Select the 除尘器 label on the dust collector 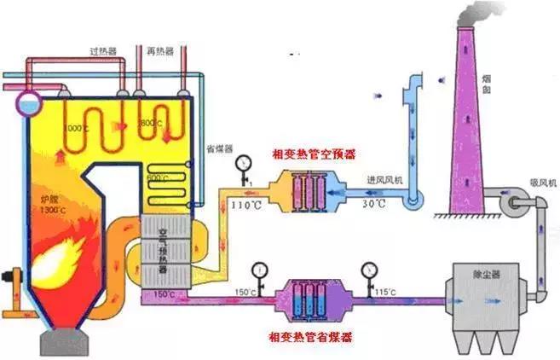[x=486, y=272]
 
